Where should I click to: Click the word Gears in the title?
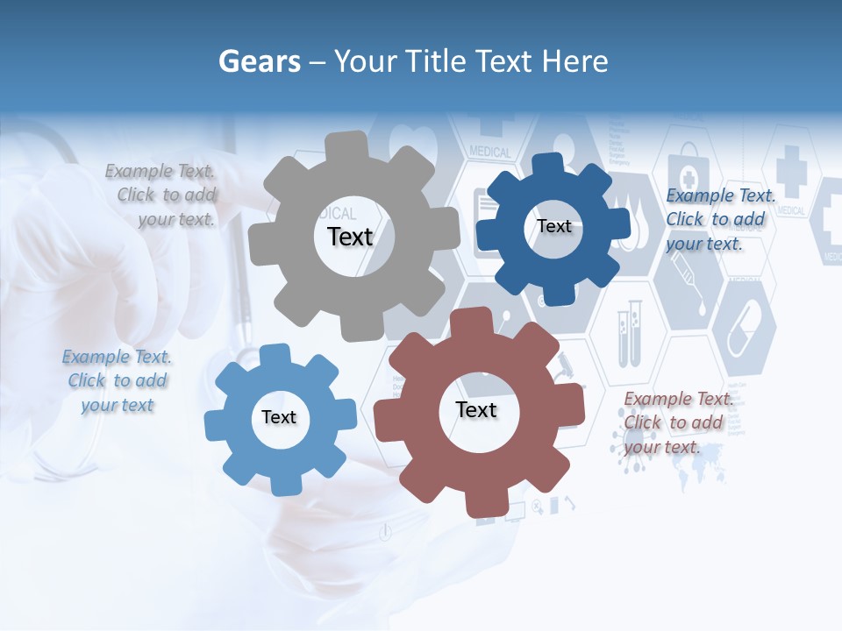click(x=259, y=61)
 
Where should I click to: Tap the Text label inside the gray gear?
click(x=350, y=237)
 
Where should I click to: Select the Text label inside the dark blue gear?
click(x=553, y=226)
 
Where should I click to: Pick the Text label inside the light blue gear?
click(x=279, y=417)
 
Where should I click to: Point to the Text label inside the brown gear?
click(x=476, y=409)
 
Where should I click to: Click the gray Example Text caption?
click(x=161, y=195)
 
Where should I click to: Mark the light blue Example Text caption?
click(x=117, y=381)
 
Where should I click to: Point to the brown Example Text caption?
click(x=677, y=423)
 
